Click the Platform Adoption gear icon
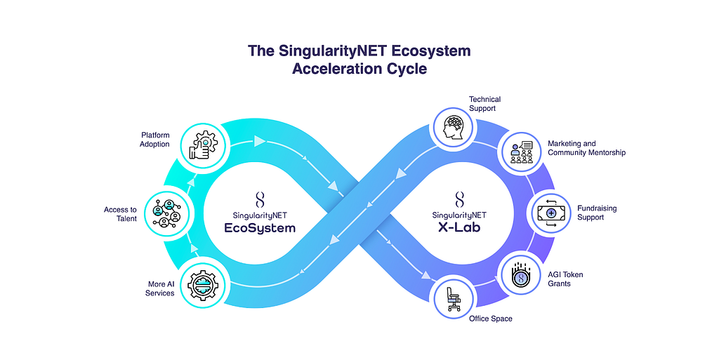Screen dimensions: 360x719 [199, 145]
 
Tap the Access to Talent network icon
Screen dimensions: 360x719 [165, 211]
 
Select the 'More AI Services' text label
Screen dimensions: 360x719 [160, 288]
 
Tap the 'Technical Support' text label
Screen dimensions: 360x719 [482, 104]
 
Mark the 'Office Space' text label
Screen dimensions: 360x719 [491, 319]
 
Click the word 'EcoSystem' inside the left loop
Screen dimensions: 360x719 [255, 227]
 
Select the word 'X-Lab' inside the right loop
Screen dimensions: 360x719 [460, 227]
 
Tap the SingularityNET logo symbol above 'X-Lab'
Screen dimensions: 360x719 [460, 199]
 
